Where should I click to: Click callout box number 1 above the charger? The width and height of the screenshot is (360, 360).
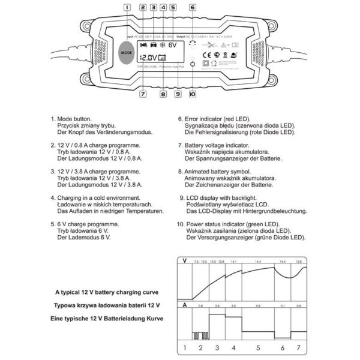(127, 8)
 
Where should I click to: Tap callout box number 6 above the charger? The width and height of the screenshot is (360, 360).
(192, 8)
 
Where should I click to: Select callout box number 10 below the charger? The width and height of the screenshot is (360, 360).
(192, 94)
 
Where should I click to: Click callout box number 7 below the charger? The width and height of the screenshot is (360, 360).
(143, 94)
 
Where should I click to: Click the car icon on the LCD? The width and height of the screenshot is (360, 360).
(152, 44)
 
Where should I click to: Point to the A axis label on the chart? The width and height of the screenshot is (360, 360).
(185, 305)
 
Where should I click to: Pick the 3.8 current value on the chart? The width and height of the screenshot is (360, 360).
(217, 305)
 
